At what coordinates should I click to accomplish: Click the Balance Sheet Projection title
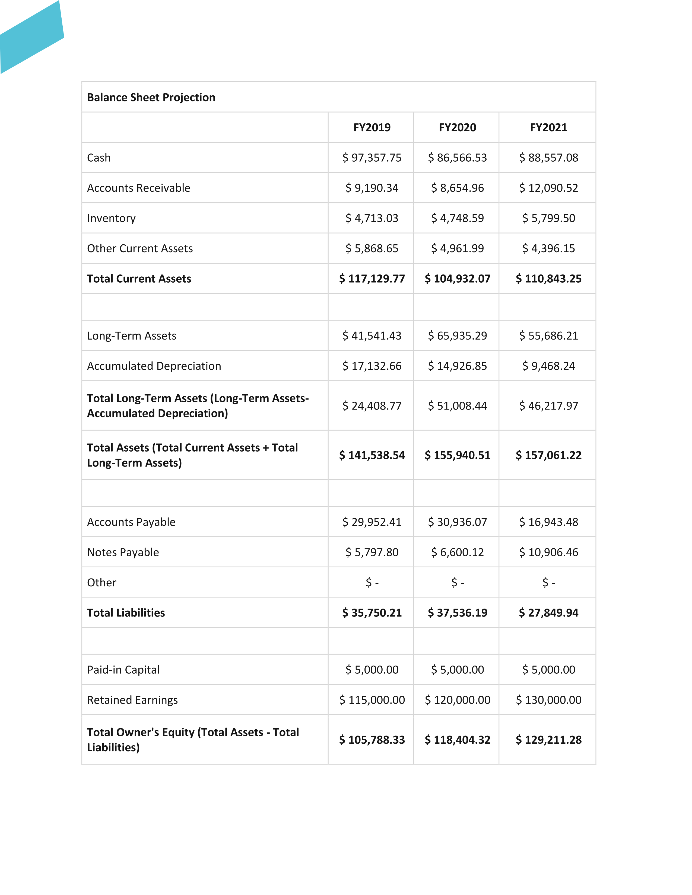[x=151, y=98]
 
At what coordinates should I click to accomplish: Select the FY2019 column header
[x=372, y=127]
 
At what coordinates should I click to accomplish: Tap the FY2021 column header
[x=548, y=127]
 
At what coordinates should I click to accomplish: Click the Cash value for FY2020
[x=458, y=158]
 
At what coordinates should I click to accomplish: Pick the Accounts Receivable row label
[x=139, y=188]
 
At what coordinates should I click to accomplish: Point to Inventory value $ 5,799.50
[x=548, y=218]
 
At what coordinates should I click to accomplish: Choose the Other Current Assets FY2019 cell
[x=372, y=248]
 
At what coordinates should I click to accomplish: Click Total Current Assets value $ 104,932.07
[x=458, y=279]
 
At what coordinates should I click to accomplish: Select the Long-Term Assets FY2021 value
[x=548, y=336]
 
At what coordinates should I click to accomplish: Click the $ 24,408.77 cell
[x=372, y=406]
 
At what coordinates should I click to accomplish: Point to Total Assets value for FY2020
[x=458, y=455]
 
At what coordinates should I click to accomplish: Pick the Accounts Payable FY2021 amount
[x=548, y=522]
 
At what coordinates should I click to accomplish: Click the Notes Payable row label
[x=123, y=552]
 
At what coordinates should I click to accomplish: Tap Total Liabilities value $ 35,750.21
[x=372, y=613]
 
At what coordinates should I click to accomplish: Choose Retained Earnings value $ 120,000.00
[x=458, y=700]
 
